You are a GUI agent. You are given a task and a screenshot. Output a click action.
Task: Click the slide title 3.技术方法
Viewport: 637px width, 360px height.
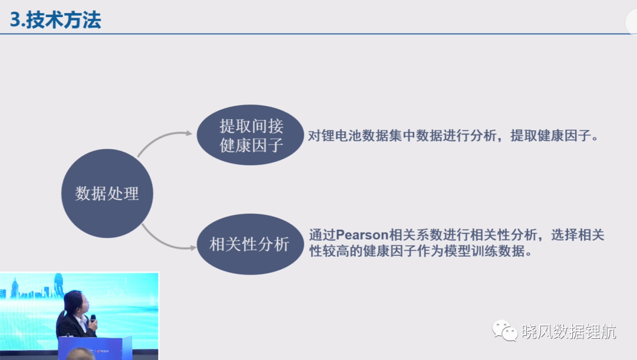coord(55,19)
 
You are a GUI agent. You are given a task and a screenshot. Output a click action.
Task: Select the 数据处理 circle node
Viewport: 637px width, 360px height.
coord(107,194)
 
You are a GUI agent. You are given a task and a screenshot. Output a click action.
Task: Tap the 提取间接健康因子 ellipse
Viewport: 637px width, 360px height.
coord(250,135)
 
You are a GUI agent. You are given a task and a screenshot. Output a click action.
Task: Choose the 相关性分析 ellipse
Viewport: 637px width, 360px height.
coord(250,244)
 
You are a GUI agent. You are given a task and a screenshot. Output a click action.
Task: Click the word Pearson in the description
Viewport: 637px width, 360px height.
coord(362,235)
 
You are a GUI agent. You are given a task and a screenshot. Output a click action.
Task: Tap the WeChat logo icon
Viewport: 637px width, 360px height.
coord(504,330)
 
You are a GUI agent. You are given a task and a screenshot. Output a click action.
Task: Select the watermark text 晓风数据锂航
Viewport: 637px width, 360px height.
coord(569,332)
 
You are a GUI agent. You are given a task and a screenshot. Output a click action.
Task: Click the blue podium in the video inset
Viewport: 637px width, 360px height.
coord(95,348)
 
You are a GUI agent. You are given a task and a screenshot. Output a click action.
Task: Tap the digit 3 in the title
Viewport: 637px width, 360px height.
coord(15,20)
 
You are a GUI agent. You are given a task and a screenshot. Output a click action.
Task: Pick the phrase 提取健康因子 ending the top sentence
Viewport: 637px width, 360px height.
coord(550,136)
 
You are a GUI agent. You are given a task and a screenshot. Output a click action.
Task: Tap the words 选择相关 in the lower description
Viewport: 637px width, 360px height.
coord(577,235)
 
